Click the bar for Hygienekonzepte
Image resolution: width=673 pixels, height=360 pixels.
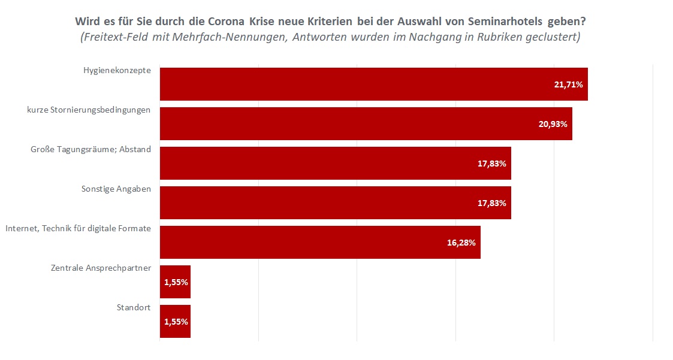click(373, 84)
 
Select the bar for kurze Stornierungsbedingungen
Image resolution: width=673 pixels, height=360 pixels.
click(366, 123)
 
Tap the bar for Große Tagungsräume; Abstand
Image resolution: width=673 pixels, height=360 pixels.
click(335, 163)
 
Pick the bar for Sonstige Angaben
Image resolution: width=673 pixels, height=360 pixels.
click(335, 202)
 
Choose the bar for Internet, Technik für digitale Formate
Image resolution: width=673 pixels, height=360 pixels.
click(320, 242)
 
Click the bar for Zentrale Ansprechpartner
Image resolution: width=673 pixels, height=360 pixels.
click(175, 282)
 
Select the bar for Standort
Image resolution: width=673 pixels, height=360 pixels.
click(175, 321)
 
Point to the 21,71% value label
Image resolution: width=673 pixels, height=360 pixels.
click(568, 84)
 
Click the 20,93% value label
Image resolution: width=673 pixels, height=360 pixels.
click(553, 124)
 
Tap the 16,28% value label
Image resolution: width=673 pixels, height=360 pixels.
click(461, 243)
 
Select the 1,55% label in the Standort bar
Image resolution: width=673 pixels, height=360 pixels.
click(176, 322)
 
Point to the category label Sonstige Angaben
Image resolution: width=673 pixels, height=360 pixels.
click(116, 189)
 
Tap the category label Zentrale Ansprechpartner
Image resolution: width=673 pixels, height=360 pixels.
click(101, 268)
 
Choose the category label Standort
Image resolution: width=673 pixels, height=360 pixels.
click(134, 308)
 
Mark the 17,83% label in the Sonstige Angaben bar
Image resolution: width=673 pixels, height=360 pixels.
click(491, 203)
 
